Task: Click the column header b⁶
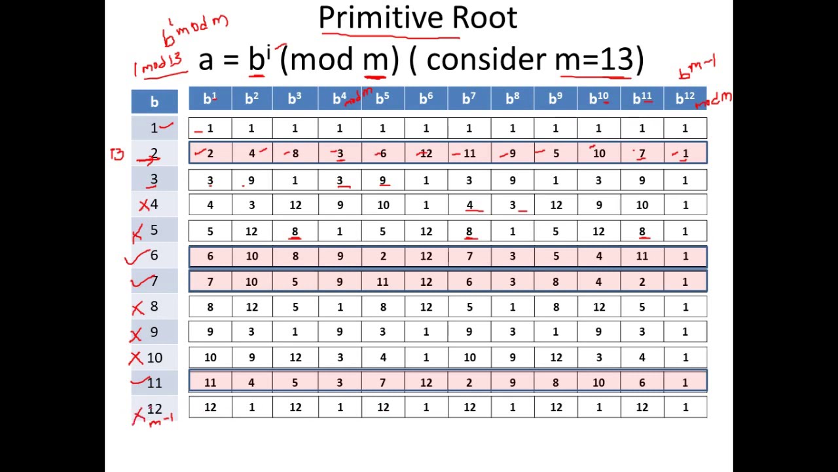pyautogui.click(x=426, y=99)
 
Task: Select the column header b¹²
pyautogui.click(x=685, y=99)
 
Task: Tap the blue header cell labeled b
pyautogui.click(x=154, y=102)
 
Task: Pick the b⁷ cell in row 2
pyautogui.click(x=469, y=153)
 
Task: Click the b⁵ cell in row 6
pyautogui.click(x=382, y=256)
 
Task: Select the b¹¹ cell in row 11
pyautogui.click(x=642, y=382)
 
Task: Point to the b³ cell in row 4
pyautogui.click(x=295, y=205)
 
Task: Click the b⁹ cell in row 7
pyautogui.click(x=555, y=282)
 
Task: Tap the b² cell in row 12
pyautogui.click(x=251, y=407)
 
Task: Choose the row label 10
pyautogui.click(x=155, y=358)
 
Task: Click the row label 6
pyautogui.click(x=154, y=256)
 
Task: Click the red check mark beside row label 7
pyautogui.click(x=140, y=283)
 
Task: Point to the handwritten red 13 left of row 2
pyautogui.click(x=117, y=155)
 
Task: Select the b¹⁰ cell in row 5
pyautogui.click(x=598, y=231)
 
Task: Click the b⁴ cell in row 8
pyautogui.click(x=339, y=307)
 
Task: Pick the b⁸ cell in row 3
pyautogui.click(x=512, y=180)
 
